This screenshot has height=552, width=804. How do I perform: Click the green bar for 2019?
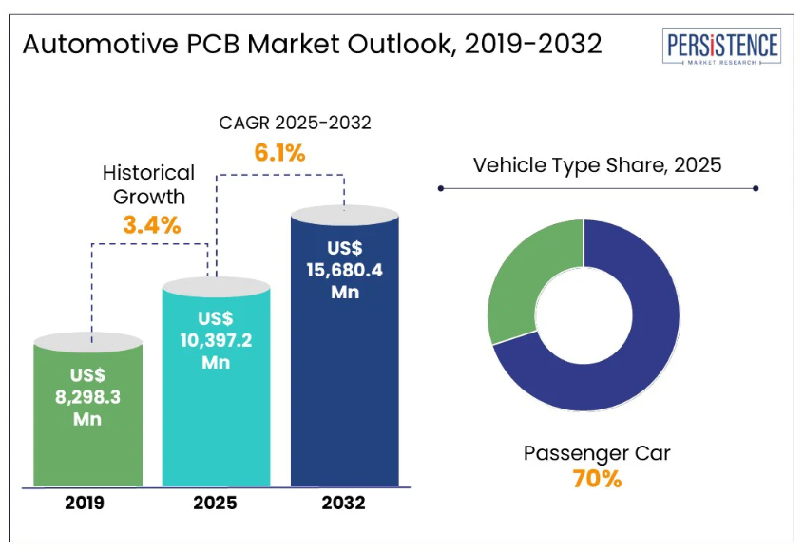[87, 410]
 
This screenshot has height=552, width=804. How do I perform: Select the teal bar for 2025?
[216, 382]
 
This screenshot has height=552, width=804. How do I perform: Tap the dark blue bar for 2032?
[345, 346]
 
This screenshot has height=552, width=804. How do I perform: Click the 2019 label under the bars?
[85, 503]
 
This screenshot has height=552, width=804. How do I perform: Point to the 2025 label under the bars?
[216, 503]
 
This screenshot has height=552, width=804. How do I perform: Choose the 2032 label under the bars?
[343, 503]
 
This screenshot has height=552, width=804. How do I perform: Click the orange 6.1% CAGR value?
[280, 153]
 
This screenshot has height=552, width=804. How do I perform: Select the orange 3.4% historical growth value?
[152, 225]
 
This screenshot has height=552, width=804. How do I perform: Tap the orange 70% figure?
[598, 479]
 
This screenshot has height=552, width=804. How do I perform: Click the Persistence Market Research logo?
[721, 47]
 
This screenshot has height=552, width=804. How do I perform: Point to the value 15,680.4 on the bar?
[345, 270]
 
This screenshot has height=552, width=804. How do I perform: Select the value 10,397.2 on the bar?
[216, 340]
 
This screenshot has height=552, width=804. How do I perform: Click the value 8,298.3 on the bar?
[87, 397]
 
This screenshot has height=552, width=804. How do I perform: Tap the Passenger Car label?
[598, 453]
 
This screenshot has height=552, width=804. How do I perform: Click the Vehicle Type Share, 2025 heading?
[598, 165]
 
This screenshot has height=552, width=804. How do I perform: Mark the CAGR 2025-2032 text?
[295, 123]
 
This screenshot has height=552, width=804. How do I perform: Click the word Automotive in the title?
[101, 44]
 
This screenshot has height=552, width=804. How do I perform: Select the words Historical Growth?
[148, 184]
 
